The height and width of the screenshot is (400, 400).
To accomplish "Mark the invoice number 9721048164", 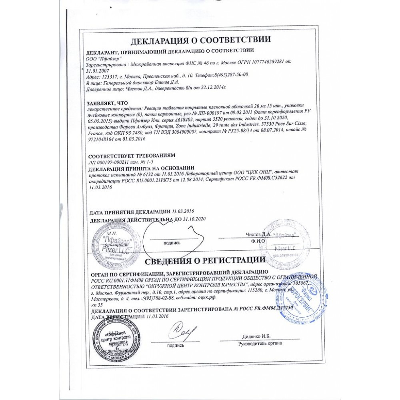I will point(101,141).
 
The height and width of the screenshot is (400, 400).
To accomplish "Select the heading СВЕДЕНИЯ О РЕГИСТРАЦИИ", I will point(205,262).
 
